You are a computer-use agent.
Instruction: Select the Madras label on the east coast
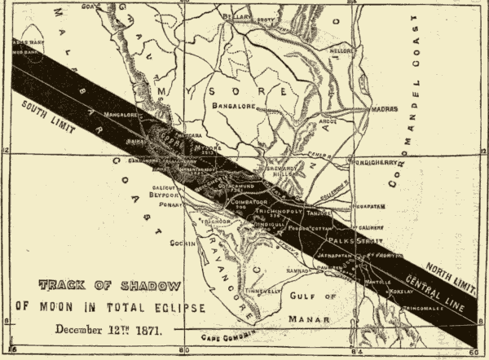tap(385, 107)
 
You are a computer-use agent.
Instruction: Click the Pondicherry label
tap(374, 162)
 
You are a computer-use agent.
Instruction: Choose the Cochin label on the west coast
tap(178, 243)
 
